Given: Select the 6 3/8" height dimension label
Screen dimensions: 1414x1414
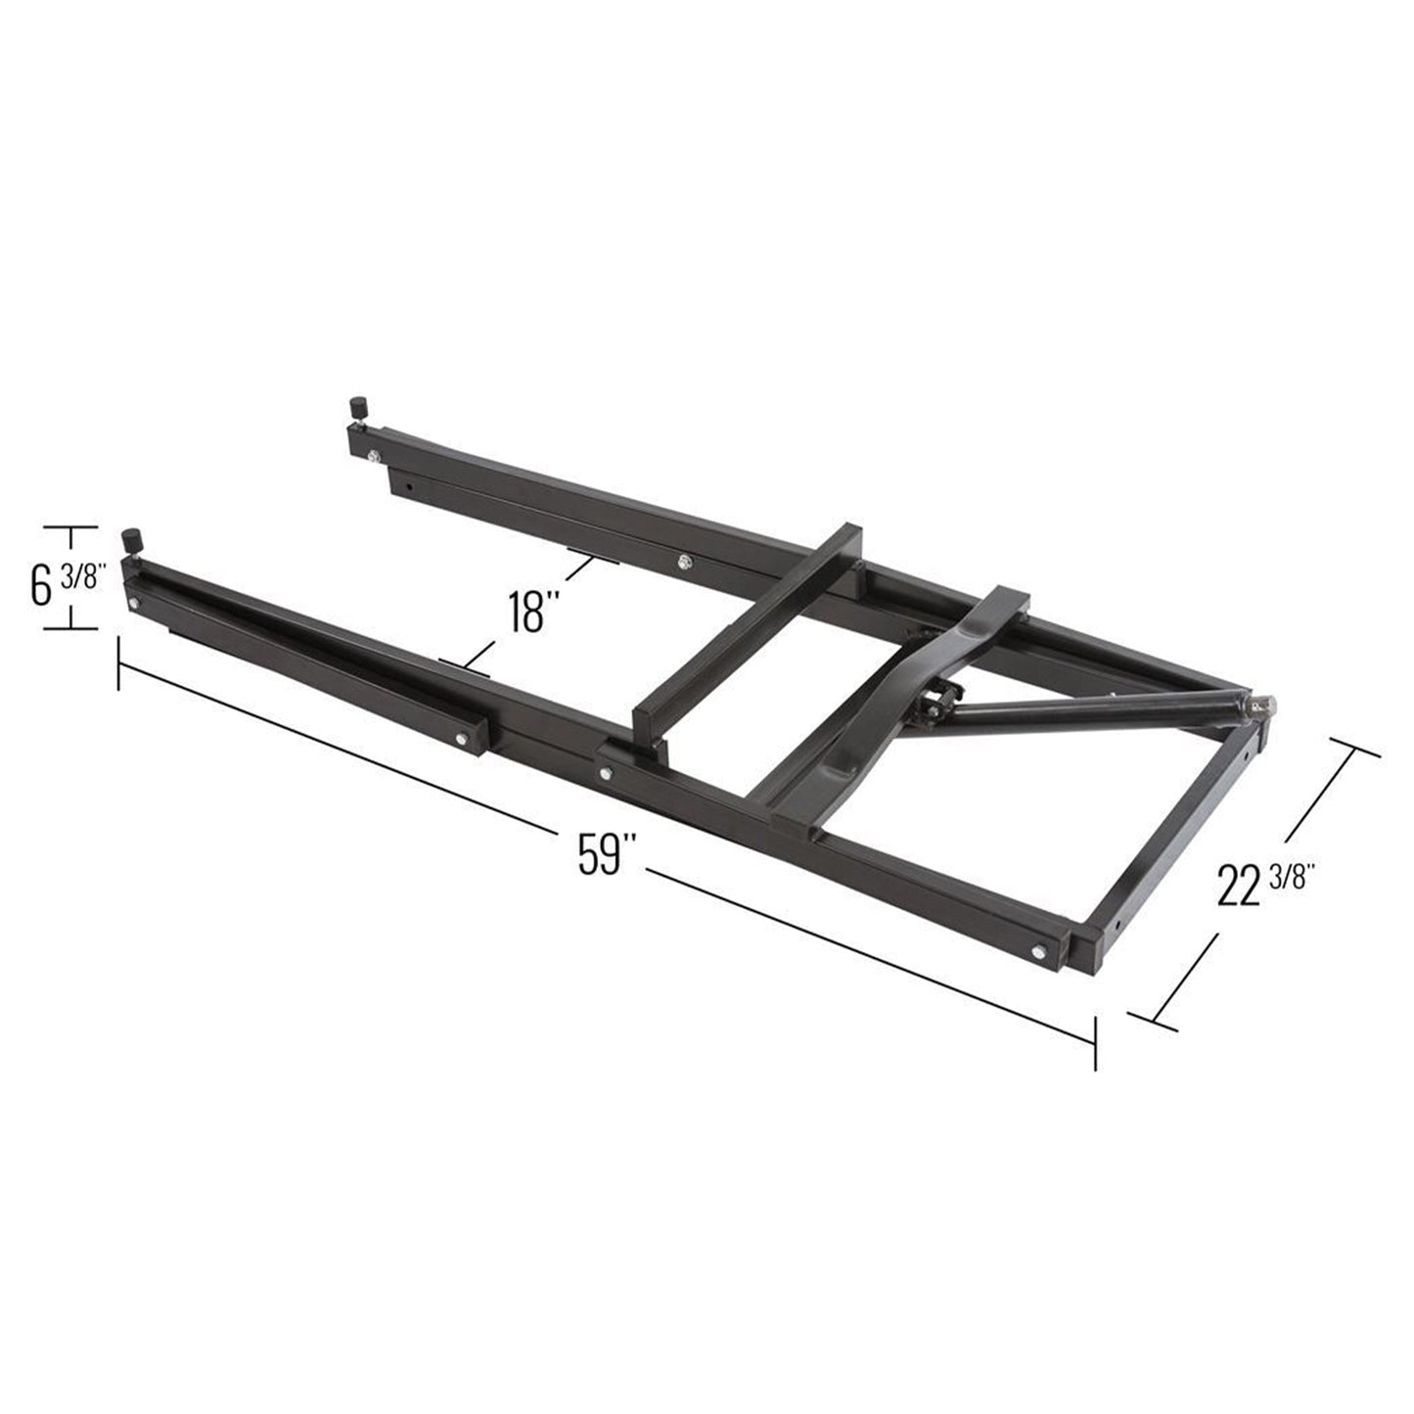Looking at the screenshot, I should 64,585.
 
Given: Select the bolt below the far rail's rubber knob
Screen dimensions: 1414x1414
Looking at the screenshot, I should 373,453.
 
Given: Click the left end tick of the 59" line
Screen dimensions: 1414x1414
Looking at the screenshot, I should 119,663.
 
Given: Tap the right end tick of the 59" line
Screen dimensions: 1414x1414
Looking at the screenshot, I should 1095,1042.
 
